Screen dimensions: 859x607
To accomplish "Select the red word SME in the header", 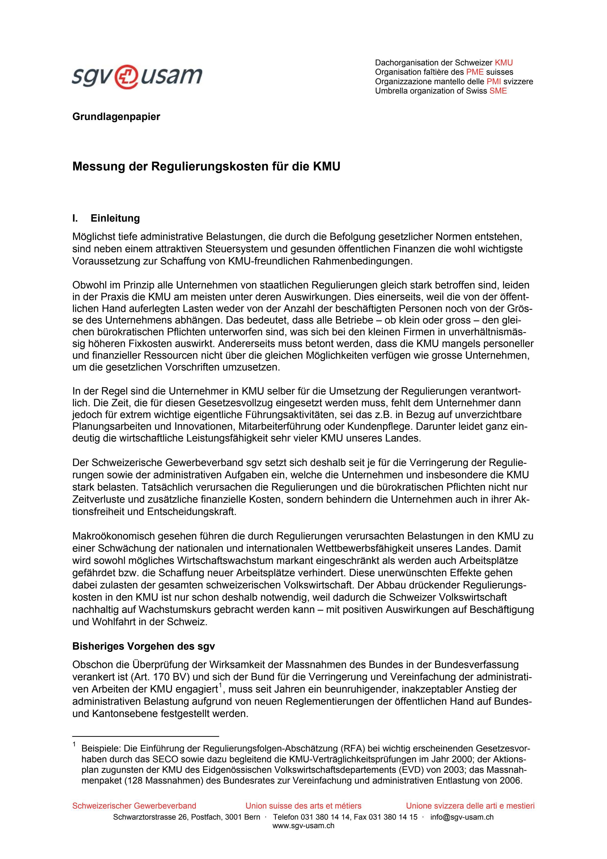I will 498,91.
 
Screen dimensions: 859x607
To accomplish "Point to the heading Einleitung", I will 115,218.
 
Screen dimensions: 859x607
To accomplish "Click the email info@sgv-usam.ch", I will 462,817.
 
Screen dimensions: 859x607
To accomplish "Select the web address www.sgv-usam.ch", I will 303,826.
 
